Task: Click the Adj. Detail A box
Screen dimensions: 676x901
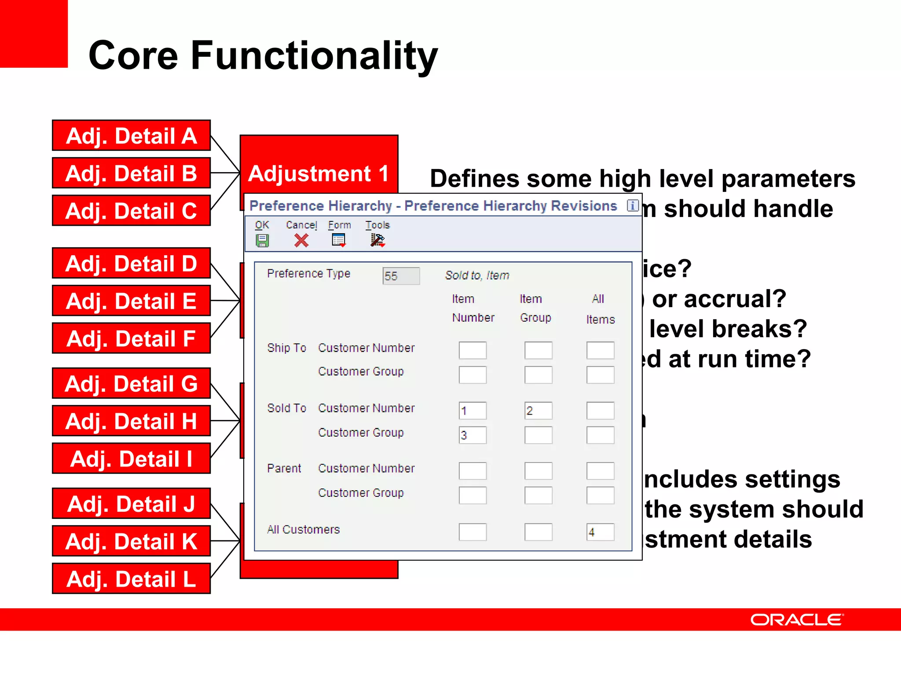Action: pos(131,136)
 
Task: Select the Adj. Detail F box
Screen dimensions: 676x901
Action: pos(131,338)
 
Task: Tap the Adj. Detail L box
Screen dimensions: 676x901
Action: pos(131,579)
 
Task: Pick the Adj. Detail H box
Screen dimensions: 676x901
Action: pos(131,421)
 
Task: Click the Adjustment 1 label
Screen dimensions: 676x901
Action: pos(319,173)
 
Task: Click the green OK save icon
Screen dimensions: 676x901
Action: pos(262,241)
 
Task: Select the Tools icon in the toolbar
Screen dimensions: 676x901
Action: pos(377,240)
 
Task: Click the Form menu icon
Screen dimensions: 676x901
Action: pos(338,240)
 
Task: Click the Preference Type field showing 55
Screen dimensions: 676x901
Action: pos(401,276)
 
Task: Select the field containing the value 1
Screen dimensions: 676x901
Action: pos(472,411)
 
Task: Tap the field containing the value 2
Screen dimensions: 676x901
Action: pos(538,411)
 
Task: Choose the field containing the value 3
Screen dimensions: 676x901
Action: pos(472,435)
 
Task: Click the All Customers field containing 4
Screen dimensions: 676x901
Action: pos(600,532)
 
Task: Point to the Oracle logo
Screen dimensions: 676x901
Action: pos(797,620)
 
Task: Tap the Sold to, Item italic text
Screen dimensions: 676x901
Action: pos(477,276)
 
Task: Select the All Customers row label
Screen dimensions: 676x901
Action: pos(303,529)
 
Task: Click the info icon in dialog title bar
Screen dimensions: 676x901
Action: pos(633,205)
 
